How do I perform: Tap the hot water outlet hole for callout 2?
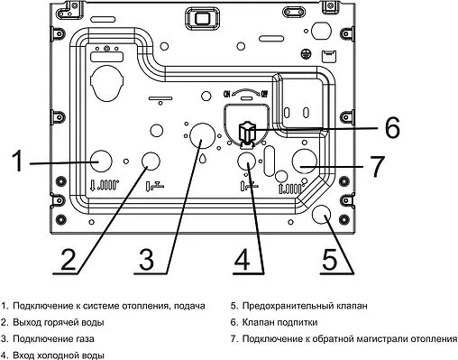point(151,161)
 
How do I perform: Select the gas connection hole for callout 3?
point(201,135)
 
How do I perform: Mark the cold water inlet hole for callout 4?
point(247,161)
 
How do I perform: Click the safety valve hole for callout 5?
point(320,215)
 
